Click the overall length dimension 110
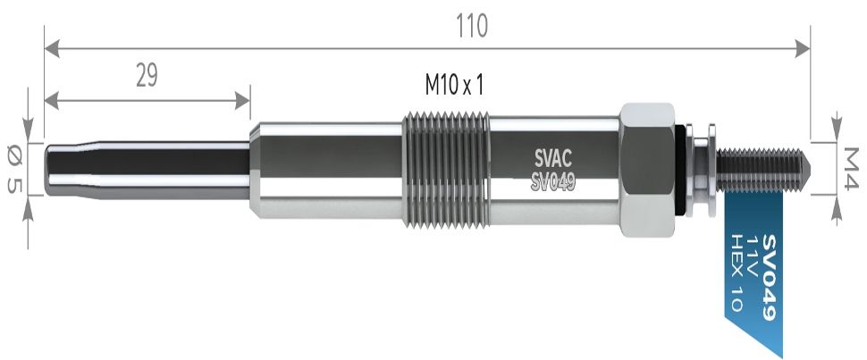click(x=472, y=25)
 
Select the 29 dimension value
click(x=147, y=76)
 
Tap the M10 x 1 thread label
click(x=454, y=85)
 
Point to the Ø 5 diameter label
click(x=14, y=169)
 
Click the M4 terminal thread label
click(x=849, y=168)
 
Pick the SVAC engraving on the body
click(x=553, y=159)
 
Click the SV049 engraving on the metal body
click(x=553, y=180)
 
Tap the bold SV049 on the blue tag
click(x=770, y=276)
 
